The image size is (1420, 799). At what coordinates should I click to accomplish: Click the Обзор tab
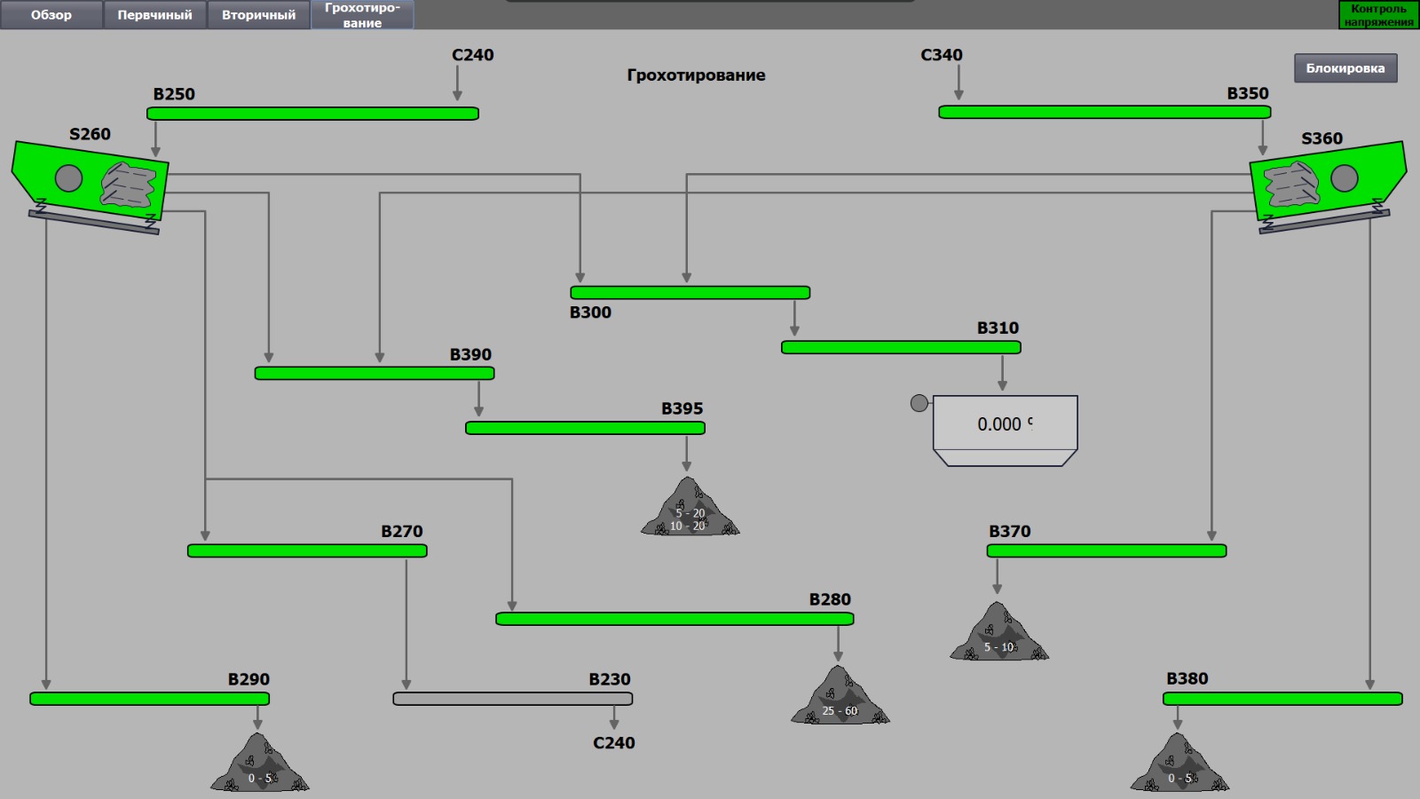coord(51,15)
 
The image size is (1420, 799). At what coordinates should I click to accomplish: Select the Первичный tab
coord(154,15)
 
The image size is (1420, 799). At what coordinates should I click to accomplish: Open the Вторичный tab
coord(258,15)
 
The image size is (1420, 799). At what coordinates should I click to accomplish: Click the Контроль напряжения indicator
coord(1378,15)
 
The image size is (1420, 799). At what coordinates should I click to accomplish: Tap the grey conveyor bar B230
coord(513,699)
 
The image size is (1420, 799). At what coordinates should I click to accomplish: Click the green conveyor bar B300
coord(690,292)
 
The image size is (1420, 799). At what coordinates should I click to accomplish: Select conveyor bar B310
coord(901,347)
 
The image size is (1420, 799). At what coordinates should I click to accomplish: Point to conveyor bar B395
coord(585,428)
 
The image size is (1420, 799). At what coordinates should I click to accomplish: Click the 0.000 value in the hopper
coord(999,424)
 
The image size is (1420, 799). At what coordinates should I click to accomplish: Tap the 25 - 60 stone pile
coord(840,698)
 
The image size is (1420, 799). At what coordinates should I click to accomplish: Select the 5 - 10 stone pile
coord(999,634)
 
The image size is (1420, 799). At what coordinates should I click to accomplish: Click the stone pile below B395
coord(690,510)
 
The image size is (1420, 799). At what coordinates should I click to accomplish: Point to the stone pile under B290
coord(259,764)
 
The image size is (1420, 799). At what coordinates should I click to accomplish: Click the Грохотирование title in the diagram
coord(696,75)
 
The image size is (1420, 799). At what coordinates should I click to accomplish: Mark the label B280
coord(830,599)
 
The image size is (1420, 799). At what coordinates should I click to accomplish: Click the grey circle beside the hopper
coord(919,403)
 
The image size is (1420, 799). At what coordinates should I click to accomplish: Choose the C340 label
coord(942,55)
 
